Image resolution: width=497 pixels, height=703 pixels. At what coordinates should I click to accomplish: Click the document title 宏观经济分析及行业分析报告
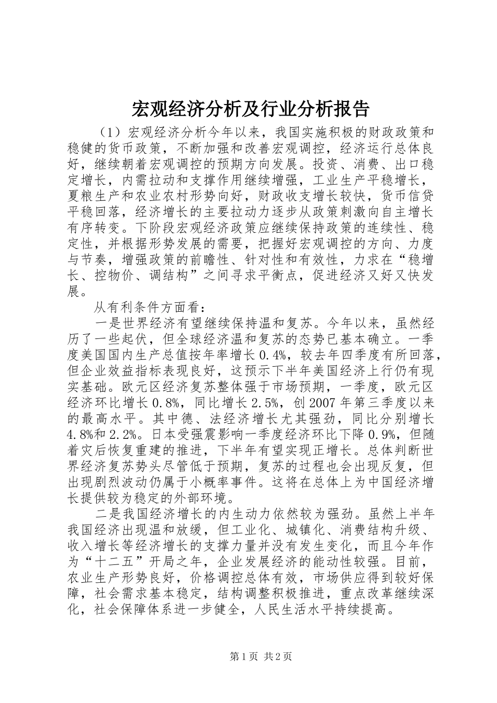click(x=248, y=109)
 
